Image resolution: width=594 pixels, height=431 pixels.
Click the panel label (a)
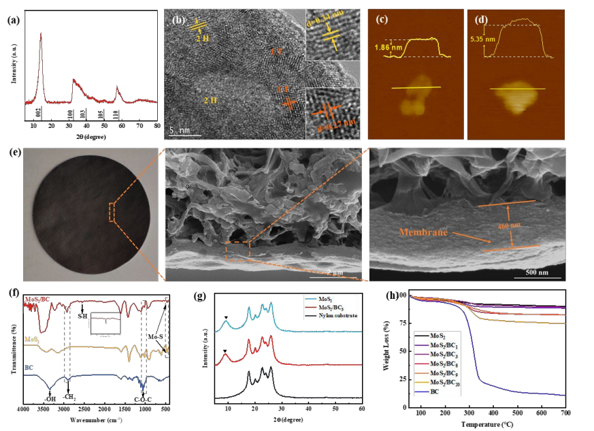(13, 20)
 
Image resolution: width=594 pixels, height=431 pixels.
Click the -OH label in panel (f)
(49, 398)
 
